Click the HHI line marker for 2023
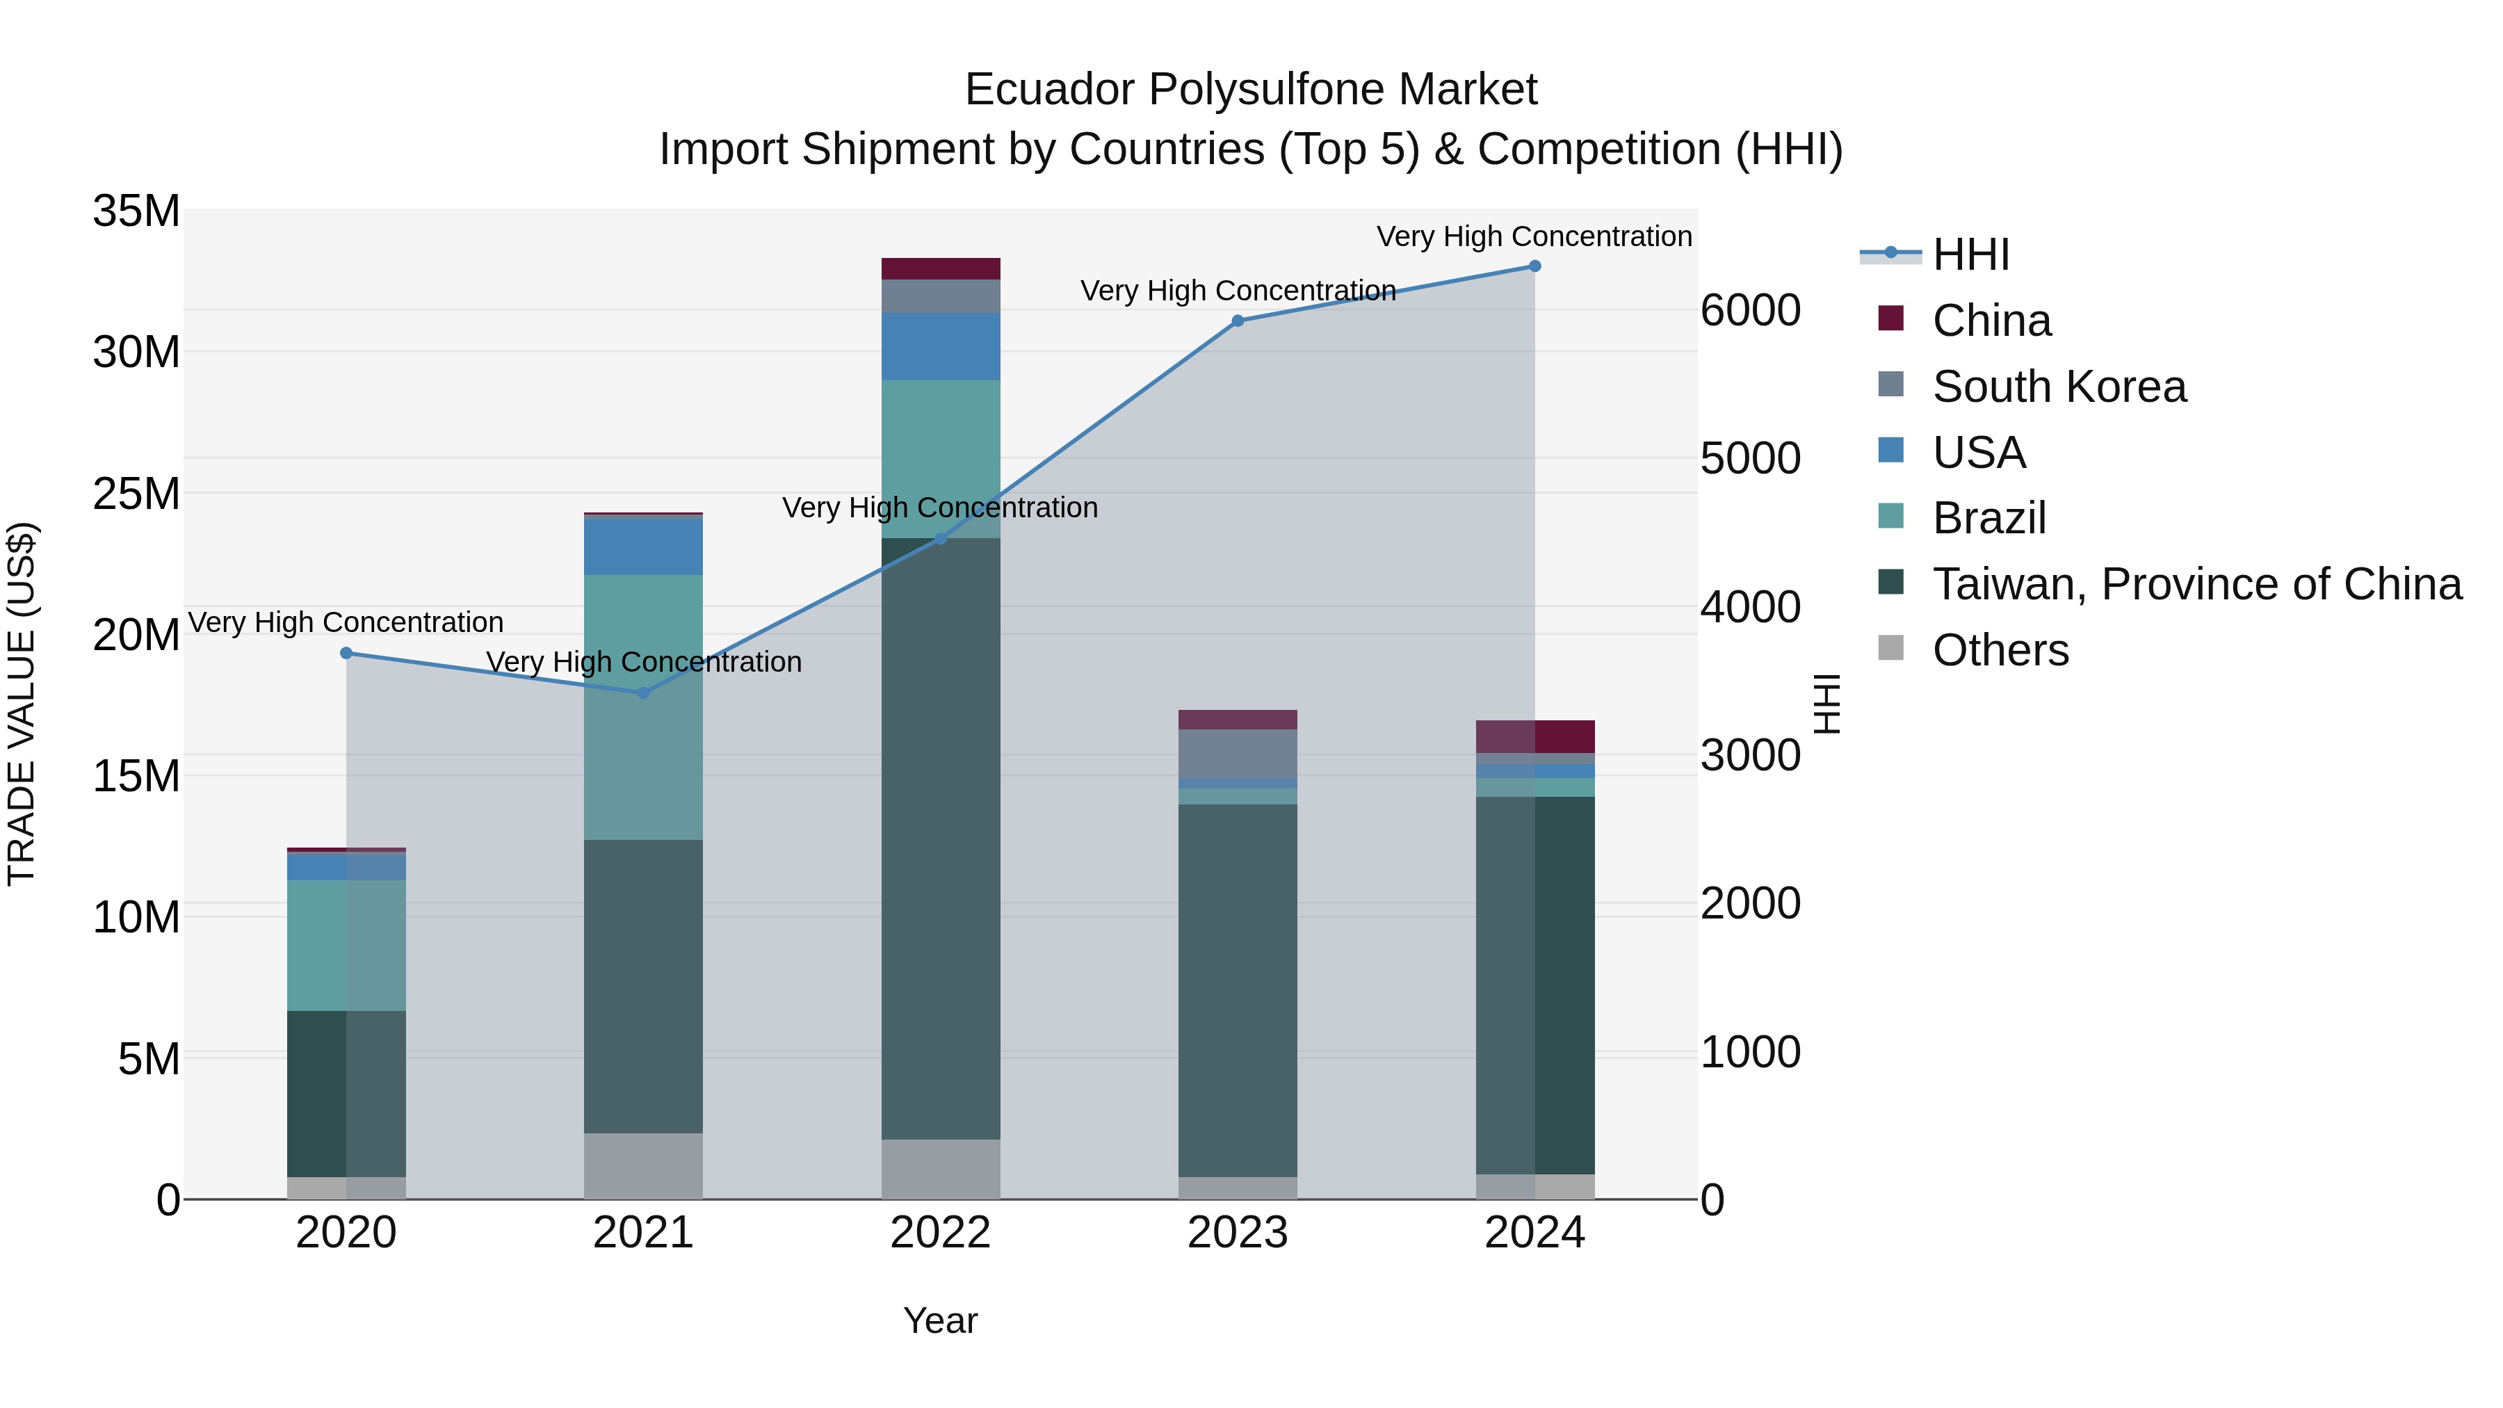click(x=1237, y=321)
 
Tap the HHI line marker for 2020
click(x=346, y=653)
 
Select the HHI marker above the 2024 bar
click(x=1534, y=266)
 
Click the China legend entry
click(x=1991, y=321)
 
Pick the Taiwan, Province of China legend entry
click(x=2196, y=584)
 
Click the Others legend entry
click(x=2000, y=650)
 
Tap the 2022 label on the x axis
click(x=939, y=1233)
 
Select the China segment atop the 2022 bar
click(x=939, y=269)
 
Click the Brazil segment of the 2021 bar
click(x=642, y=706)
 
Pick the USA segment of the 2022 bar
click(x=939, y=347)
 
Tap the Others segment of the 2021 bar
click(x=642, y=1165)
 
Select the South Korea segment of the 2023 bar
click(x=1237, y=753)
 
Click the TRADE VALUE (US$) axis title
click(x=22, y=704)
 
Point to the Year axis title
click(x=939, y=1320)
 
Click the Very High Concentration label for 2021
click(x=643, y=662)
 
